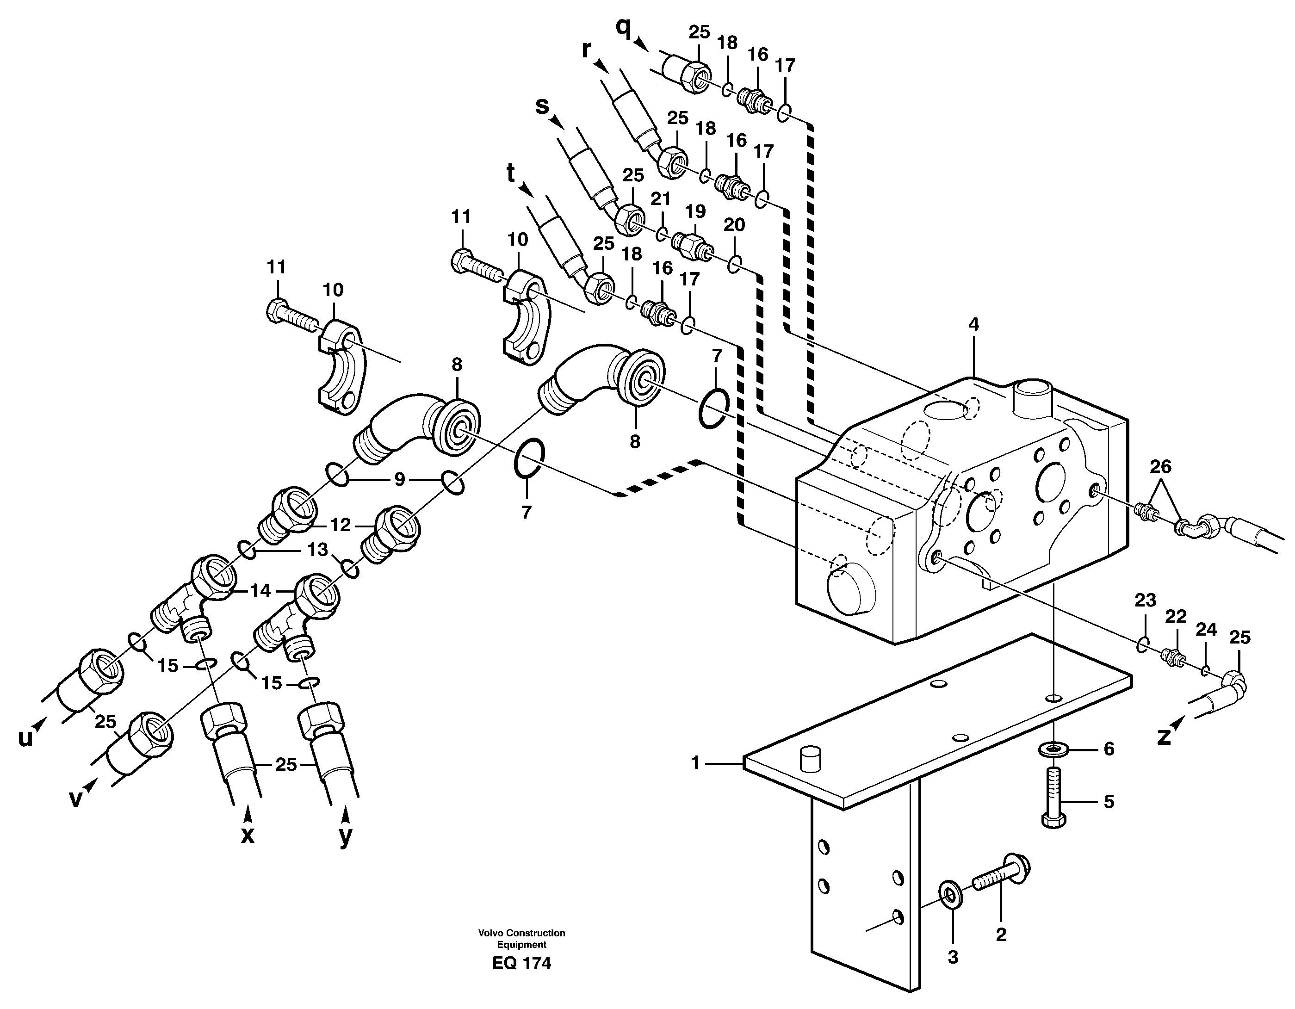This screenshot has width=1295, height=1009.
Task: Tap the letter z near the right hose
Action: [1165, 737]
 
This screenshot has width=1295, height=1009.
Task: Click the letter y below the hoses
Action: [345, 836]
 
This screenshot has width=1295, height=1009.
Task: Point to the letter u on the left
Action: [25, 738]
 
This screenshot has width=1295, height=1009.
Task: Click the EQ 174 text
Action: [521, 963]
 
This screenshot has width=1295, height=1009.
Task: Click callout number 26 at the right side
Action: [1160, 466]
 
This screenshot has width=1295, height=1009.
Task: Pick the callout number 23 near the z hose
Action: [1145, 600]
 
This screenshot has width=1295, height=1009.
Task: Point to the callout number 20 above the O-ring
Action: [734, 225]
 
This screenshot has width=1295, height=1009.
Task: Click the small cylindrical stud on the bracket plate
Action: [809, 760]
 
